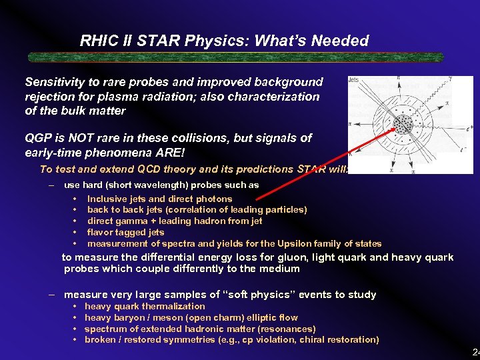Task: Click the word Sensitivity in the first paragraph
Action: tap(55, 82)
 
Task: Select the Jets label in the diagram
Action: tap(353, 80)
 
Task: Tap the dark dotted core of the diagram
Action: tap(403, 124)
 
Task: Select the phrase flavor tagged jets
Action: tap(125, 232)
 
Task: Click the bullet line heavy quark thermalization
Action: tap(145, 306)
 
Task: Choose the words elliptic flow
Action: tap(271, 317)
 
